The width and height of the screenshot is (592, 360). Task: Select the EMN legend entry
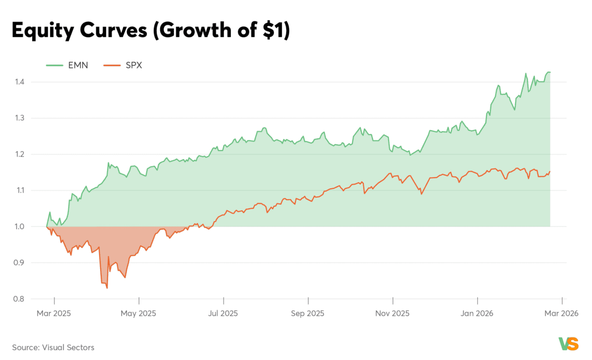point(67,65)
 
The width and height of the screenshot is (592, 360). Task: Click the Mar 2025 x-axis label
point(54,313)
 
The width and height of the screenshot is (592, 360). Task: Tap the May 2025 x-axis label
point(139,313)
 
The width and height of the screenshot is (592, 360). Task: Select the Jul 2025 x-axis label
point(223,313)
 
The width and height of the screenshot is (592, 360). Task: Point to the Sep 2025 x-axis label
point(308,313)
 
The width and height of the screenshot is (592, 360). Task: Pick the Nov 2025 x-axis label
point(392,313)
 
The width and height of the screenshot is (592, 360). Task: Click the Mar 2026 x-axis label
point(561,313)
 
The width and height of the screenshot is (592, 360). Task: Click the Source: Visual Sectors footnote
point(53,348)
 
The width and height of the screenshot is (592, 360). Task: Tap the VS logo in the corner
point(568,344)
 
